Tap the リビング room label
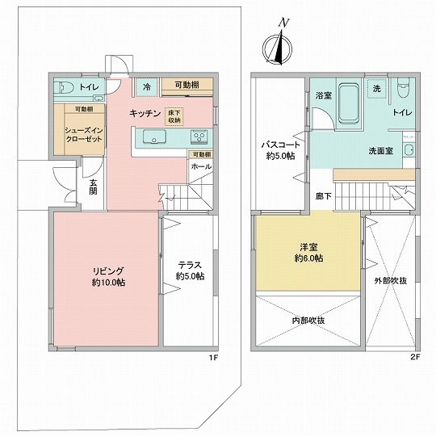(x=108, y=270)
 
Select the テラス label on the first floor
(x=190, y=265)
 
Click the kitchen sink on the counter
(x=154, y=136)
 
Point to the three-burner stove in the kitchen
(x=199, y=136)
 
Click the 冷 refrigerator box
(x=146, y=87)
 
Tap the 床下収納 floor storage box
(x=174, y=116)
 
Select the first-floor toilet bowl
(x=64, y=87)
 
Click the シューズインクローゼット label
(x=84, y=135)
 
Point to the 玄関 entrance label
(x=93, y=187)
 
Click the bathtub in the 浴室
(x=349, y=103)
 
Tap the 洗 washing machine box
(x=377, y=89)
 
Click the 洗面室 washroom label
(x=380, y=151)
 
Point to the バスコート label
(x=281, y=145)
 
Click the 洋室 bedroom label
(x=308, y=246)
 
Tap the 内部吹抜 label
(x=308, y=321)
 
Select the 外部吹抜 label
(x=391, y=281)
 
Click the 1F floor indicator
(x=213, y=358)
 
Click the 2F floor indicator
(x=415, y=357)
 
